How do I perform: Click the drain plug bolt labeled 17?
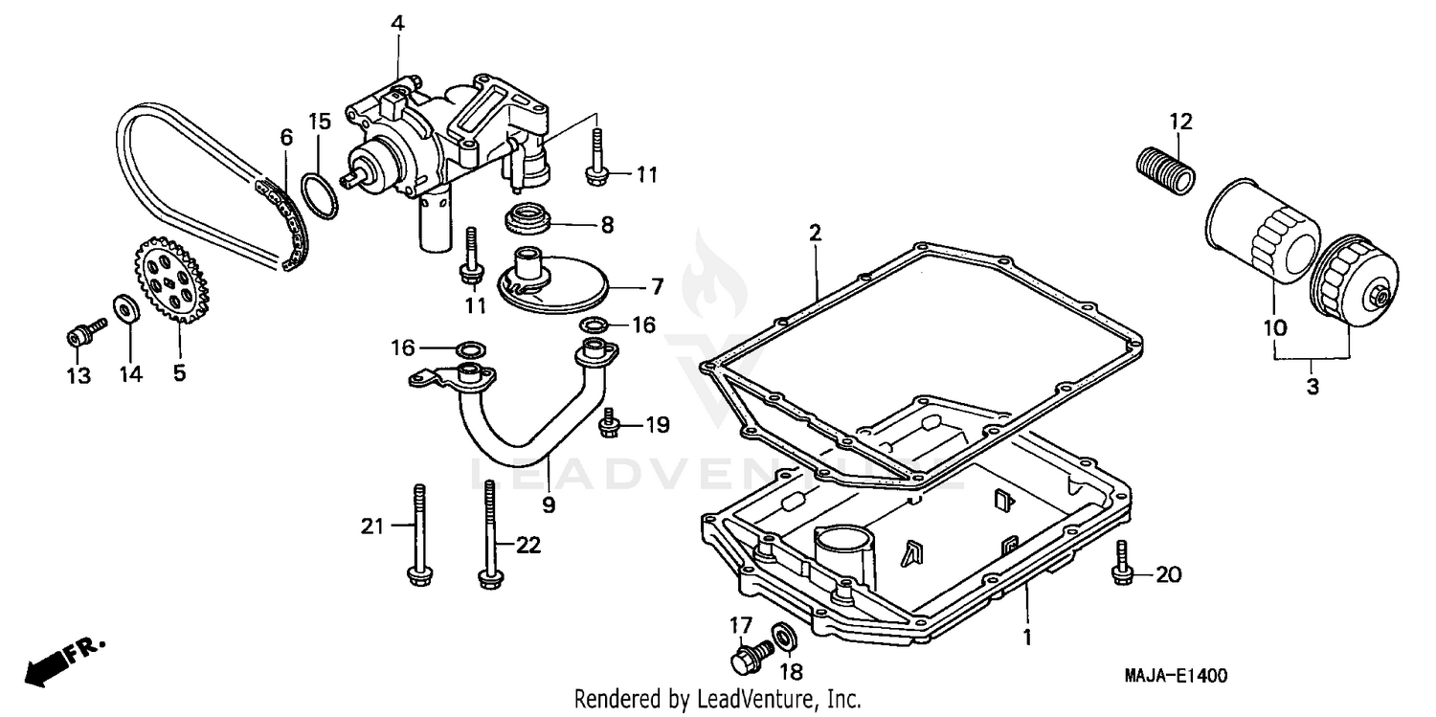[749, 657]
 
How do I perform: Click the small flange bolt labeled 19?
[609, 425]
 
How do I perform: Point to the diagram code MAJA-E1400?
[1175, 676]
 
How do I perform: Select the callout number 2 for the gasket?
[815, 232]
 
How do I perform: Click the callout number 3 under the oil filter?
[1312, 387]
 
